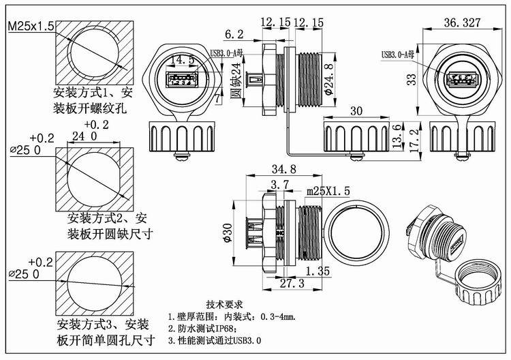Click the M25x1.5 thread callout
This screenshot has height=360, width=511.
(x=31, y=27)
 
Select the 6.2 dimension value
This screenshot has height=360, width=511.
(x=234, y=33)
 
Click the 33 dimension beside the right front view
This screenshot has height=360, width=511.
(x=411, y=80)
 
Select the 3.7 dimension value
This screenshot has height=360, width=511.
(x=279, y=185)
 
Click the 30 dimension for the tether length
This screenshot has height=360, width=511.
(x=356, y=111)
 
